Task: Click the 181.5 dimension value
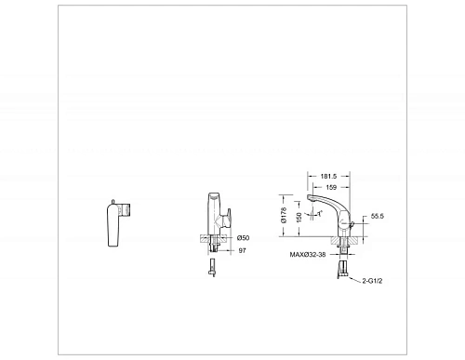(x=328, y=177)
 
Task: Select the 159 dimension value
(x=331, y=187)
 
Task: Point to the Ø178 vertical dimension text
(x=284, y=215)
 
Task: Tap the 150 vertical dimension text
(x=299, y=217)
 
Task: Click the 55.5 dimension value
(x=378, y=216)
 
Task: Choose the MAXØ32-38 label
(x=308, y=255)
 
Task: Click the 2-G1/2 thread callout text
(x=372, y=281)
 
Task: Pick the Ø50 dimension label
(x=243, y=238)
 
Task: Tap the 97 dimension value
(x=242, y=250)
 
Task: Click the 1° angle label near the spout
(x=320, y=214)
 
